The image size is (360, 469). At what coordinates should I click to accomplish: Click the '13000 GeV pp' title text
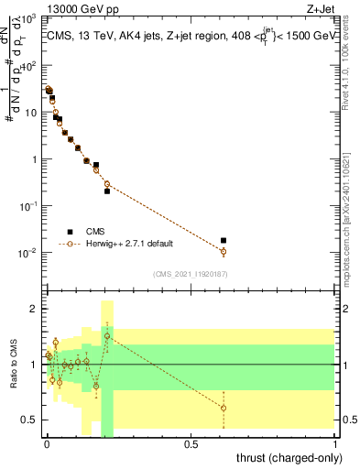click(x=80, y=8)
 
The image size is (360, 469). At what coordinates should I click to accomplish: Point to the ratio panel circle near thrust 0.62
click(x=224, y=408)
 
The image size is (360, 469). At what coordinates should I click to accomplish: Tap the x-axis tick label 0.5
click(x=191, y=443)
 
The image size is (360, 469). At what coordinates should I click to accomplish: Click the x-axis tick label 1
click(x=335, y=443)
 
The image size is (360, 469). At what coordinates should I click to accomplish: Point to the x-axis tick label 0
click(x=46, y=443)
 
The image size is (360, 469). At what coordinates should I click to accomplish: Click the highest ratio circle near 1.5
click(x=107, y=336)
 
